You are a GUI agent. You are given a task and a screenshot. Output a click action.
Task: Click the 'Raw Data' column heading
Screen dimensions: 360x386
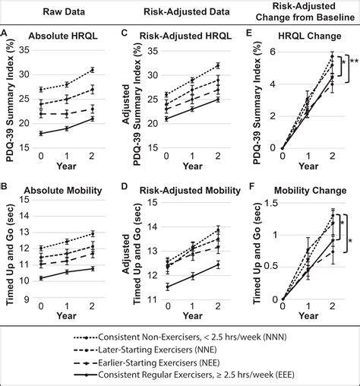coord(64,11)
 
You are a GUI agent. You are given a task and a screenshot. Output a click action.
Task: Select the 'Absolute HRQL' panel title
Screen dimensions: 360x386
coord(63,36)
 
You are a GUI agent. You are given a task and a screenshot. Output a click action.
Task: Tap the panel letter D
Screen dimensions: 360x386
coord(124,187)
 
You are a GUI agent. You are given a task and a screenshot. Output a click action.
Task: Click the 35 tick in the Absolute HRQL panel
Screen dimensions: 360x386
coord(24,50)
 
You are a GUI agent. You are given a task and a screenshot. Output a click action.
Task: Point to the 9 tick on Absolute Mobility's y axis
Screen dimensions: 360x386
coord(27,299)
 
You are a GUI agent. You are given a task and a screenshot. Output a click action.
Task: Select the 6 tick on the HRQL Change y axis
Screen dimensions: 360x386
coord(273,52)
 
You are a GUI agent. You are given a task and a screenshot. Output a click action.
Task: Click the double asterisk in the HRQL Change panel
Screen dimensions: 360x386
coord(354,62)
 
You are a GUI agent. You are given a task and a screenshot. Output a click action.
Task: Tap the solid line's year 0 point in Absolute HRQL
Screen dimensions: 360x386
coord(41,134)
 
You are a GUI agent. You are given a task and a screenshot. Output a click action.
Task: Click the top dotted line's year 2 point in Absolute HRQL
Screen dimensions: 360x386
coord(93,70)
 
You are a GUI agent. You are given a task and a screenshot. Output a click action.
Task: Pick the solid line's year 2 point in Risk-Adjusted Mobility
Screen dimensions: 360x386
coord(218,264)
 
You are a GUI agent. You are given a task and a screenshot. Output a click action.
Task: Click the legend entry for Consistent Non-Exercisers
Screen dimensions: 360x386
coord(180,337)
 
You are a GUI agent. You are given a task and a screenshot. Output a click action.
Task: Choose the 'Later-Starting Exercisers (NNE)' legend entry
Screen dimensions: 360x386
coord(145,350)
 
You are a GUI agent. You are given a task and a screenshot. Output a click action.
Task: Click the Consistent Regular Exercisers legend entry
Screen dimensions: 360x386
coord(184,375)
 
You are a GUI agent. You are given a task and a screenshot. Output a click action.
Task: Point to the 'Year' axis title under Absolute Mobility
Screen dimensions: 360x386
coord(66,316)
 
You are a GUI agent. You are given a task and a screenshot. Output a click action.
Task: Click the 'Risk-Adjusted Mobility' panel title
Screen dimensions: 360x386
coord(190,191)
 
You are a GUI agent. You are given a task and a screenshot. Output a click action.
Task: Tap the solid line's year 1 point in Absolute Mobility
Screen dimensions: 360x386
coord(67,272)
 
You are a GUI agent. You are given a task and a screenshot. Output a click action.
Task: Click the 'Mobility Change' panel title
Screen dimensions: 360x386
coord(311,191)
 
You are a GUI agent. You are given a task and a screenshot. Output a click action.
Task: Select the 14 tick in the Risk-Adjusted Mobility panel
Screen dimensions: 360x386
coord(152,227)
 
